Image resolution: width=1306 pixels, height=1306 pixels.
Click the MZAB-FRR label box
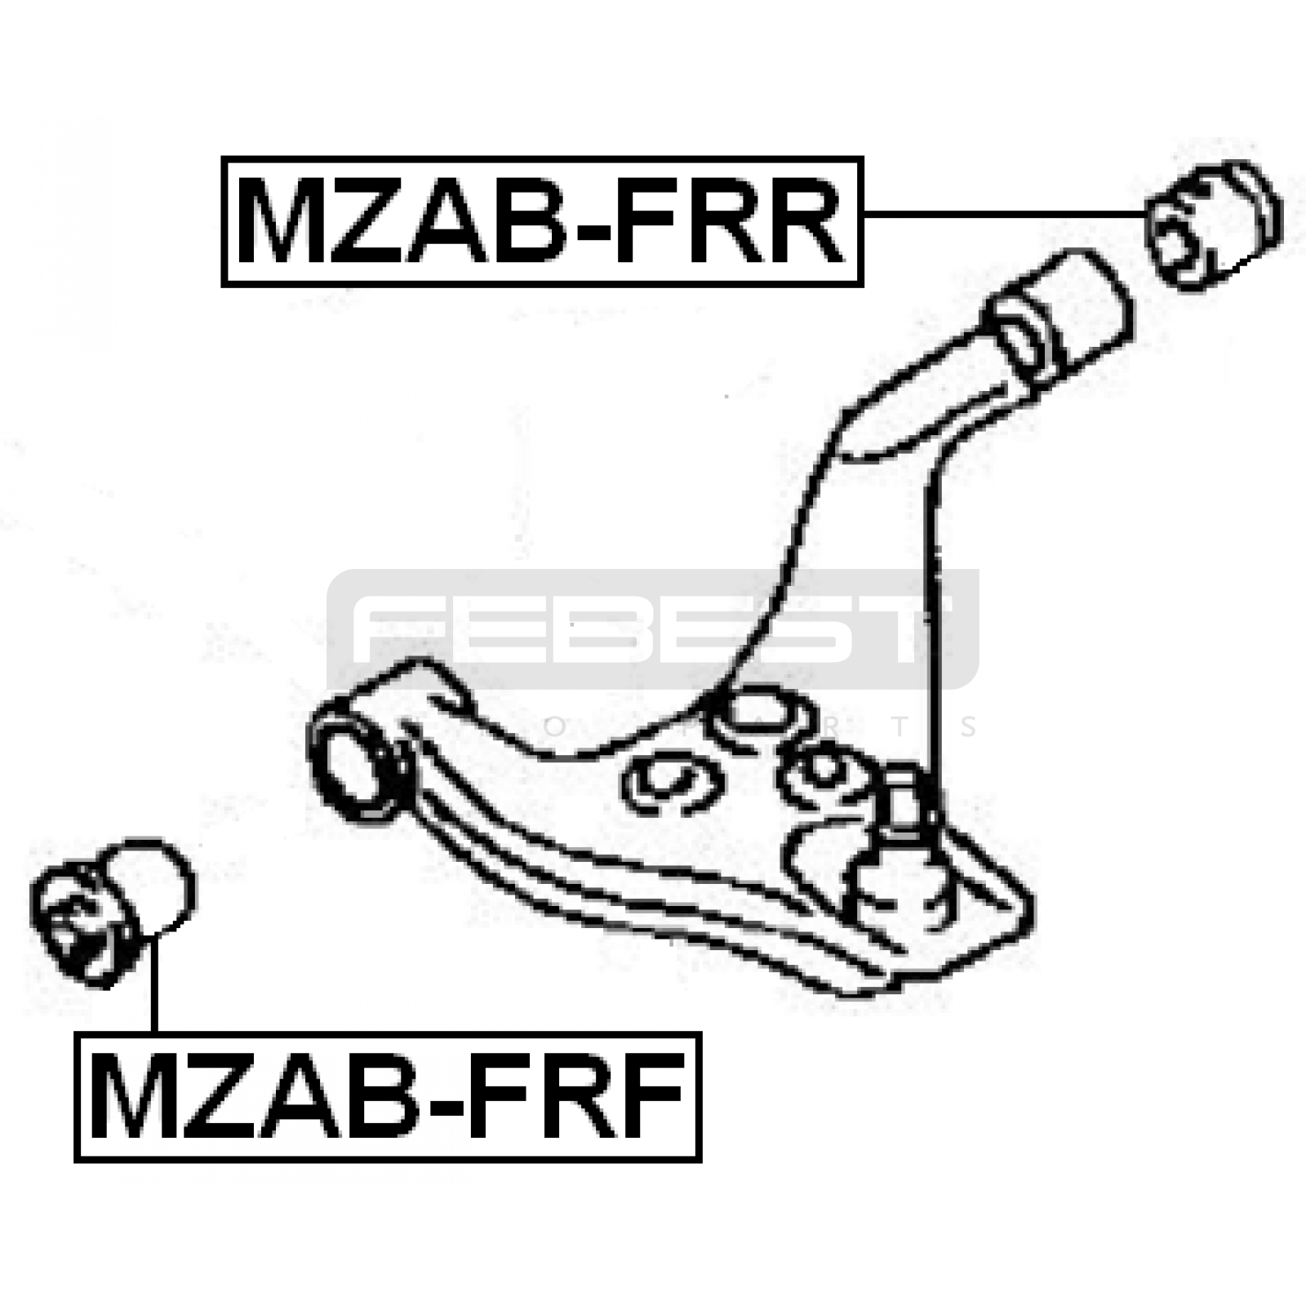coord(543,221)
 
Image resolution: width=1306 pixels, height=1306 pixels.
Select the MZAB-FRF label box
coord(388,1096)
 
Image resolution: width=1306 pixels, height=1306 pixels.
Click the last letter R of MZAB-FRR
coord(799,221)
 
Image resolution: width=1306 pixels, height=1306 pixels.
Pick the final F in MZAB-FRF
coord(650,1096)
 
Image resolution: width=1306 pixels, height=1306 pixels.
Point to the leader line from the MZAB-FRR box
coord(1005,215)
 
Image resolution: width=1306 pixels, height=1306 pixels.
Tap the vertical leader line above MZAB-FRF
coord(153,984)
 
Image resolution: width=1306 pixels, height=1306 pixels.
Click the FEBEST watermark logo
coord(653,629)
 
